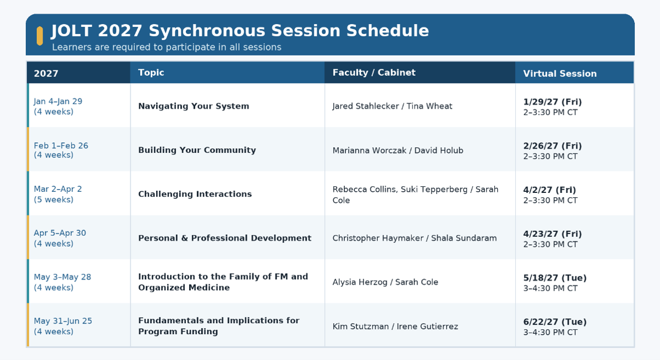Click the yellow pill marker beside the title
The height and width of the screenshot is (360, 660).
tap(40, 36)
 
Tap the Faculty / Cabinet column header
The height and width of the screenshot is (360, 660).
tap(374, 73)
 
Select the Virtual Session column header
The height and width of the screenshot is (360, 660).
tap(560, 74)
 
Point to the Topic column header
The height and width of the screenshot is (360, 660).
tap(151, 73)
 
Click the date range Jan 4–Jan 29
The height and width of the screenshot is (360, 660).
tap(58, 101)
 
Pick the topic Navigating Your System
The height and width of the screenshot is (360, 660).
tap(194, 106)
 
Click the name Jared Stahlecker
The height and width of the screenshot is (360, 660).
tap(366, 106)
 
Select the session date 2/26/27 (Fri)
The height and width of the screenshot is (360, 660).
tap(552, 146)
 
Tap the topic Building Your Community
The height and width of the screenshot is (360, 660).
tap(197, 150)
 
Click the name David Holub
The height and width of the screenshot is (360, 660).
tap(439, 151)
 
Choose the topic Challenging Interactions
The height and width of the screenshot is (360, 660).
tap(195, 194)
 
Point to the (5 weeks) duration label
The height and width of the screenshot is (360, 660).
tap(54, 200)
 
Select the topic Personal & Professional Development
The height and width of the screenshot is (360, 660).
tap(225, 238)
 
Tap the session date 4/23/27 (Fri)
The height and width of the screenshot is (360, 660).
tap(552, 234)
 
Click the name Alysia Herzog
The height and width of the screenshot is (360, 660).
tap(360, 282)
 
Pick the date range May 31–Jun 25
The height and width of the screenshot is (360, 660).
tap(63, 321)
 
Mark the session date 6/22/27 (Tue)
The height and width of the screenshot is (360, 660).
tap(555, 322)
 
